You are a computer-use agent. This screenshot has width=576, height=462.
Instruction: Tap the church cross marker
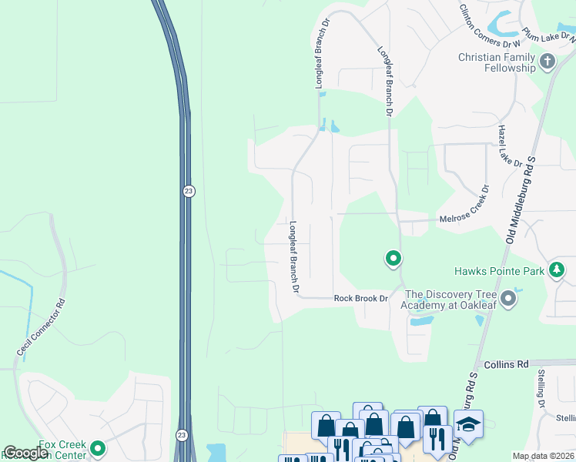(548, 62)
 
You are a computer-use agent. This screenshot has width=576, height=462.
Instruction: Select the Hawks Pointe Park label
(498, 271)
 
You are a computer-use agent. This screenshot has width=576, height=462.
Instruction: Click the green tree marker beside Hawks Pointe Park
(557, 270)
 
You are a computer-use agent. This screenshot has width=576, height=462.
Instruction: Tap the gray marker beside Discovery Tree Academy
(507, 298)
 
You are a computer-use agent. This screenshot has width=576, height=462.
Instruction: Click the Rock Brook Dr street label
(360, 299)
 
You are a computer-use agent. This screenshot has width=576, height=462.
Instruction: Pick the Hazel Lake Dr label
(510, 146)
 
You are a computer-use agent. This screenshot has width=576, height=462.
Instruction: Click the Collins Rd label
(505, 363)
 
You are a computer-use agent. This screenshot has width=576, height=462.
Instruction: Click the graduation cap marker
(468, 425)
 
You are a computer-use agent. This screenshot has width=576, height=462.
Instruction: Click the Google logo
(25, 453)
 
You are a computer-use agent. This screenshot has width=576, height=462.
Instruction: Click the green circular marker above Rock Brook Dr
(393, 259)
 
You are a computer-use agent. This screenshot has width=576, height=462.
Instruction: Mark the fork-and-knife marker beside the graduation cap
(437, 437)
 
